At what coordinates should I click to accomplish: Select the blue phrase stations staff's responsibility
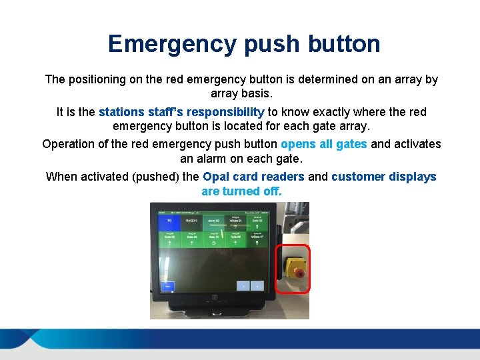181,112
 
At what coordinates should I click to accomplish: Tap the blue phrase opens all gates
324,144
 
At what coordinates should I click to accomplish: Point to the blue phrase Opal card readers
253,177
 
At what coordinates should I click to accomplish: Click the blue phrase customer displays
383,177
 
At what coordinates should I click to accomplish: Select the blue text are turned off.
241,191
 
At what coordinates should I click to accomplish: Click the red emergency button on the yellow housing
299,273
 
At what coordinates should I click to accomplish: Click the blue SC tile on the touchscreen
169,221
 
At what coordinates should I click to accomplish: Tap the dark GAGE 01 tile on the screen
193,221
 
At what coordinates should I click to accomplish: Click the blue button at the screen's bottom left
168,285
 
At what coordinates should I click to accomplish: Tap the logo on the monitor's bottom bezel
215,297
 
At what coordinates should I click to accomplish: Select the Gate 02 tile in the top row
257,221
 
